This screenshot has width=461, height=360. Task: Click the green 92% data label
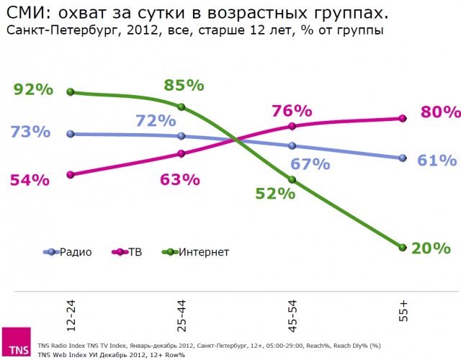coord(33,90)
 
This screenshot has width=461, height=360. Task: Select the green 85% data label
coord(184,85)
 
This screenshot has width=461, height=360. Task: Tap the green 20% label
coord(431,248)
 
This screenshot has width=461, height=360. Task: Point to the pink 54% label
coord(30,180)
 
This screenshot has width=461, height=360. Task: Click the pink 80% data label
coord(440,112)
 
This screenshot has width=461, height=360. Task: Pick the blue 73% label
coord(30,132)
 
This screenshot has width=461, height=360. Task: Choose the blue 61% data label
coord(437,160)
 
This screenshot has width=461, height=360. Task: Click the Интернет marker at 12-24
coord(71,92)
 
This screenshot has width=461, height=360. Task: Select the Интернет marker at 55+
coord(403,247)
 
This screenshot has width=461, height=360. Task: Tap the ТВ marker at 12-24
coord(71,174)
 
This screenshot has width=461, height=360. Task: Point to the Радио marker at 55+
coord(403,158)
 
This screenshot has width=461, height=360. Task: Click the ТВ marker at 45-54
coord(292,127)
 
